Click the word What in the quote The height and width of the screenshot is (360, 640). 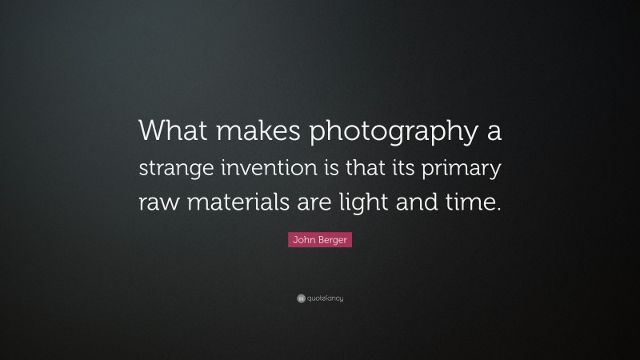(x=169, y=131)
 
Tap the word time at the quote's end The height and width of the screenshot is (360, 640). (x=476, y=202)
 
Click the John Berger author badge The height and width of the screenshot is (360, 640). (x=320, y=239)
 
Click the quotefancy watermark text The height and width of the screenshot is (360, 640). (x=325, y=298)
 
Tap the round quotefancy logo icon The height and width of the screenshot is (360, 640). (x=301, y=298)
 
